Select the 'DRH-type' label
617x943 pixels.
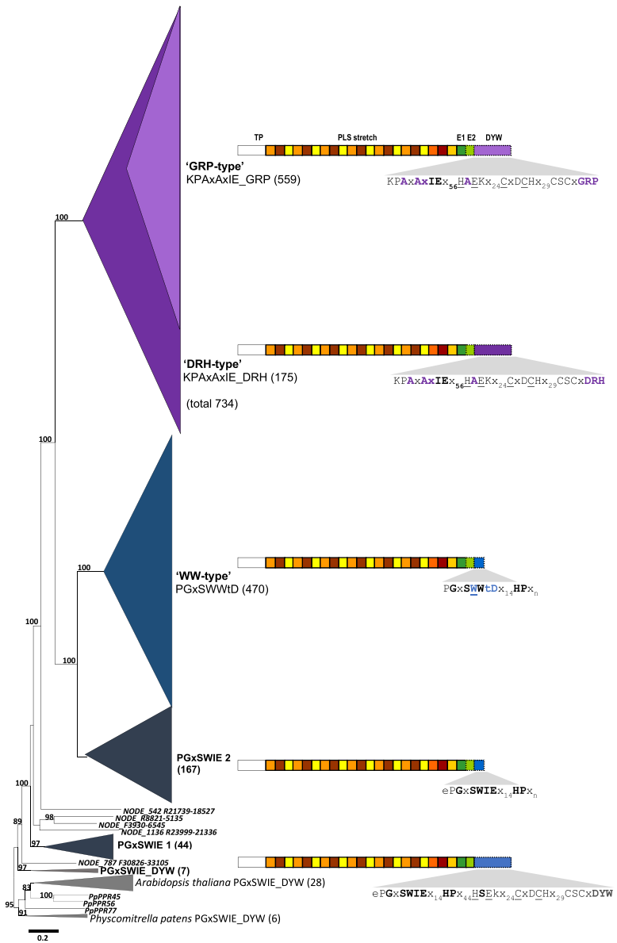pos(213,364)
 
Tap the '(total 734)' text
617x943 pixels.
pos(213,404)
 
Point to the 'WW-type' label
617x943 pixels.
pos(203,576)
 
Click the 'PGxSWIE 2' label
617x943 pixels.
pos(203,757)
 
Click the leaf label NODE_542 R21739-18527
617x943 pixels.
pos(169,811)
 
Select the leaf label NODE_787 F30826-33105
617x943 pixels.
pos(123,862)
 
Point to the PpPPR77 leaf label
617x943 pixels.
pos(101,910)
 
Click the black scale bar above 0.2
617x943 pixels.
pos(44,930)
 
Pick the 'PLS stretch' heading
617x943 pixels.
pos(357,138)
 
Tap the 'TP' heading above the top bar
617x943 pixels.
pos(259,138)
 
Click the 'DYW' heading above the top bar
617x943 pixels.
pos(494,138)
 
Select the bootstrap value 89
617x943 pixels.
pos(17,822)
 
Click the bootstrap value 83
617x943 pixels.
pos(26,887)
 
